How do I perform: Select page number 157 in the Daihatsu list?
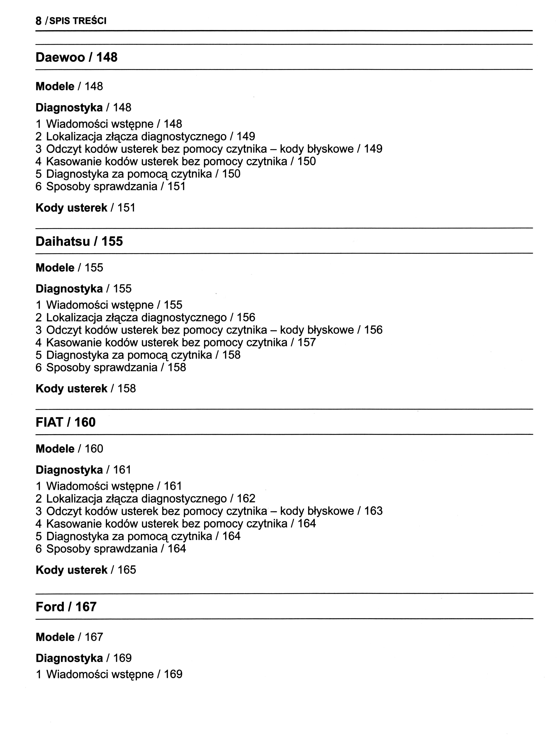[306, 342]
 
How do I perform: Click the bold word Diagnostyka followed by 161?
[69, 470]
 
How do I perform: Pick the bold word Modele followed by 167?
[55, 637]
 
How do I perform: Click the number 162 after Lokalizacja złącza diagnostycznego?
[246, 498]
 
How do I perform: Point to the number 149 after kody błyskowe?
[373, 149]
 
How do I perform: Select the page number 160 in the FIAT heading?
[85, 422]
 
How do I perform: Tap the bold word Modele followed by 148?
[55, 86]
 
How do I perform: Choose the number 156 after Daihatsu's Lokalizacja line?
[246, 317]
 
